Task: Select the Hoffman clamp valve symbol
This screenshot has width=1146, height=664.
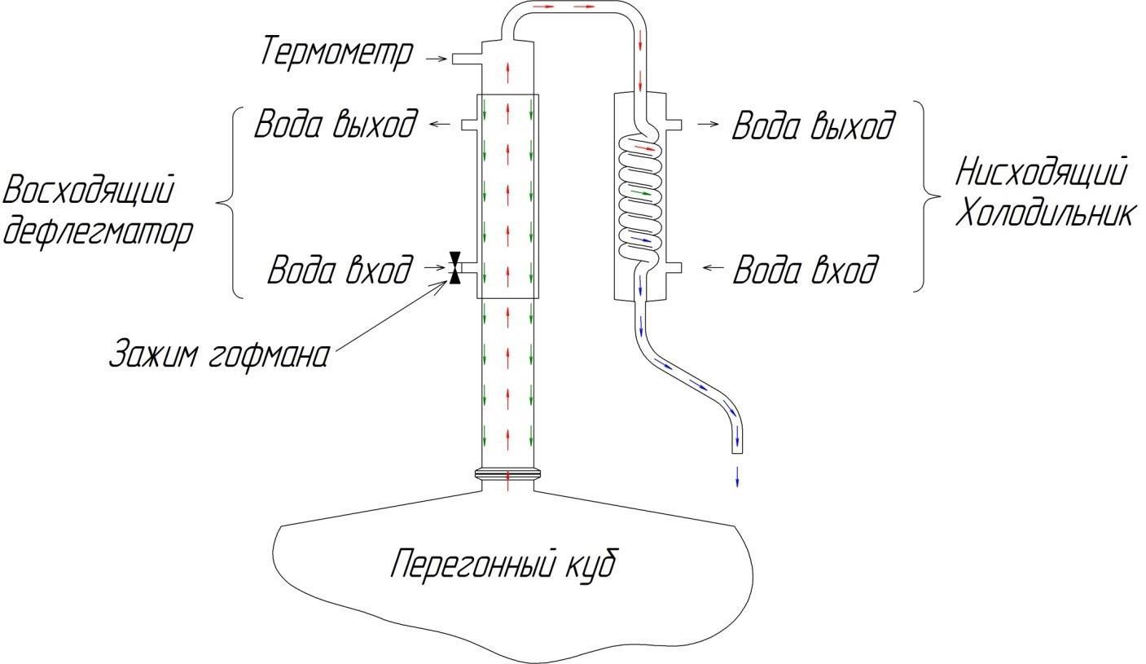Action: [454, 267]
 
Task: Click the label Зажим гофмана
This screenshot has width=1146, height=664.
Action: [220, 355]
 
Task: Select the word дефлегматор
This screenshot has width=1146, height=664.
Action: [99, 231]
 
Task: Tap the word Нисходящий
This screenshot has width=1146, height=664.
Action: [1041, 173]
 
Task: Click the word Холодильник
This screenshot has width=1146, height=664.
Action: [1044, 213]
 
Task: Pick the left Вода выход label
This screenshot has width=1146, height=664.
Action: [336, 125]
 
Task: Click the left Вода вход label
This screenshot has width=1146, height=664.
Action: [340, 269]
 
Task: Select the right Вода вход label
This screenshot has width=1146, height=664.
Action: [806, 269]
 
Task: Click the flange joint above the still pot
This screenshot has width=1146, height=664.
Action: [507, 473]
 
